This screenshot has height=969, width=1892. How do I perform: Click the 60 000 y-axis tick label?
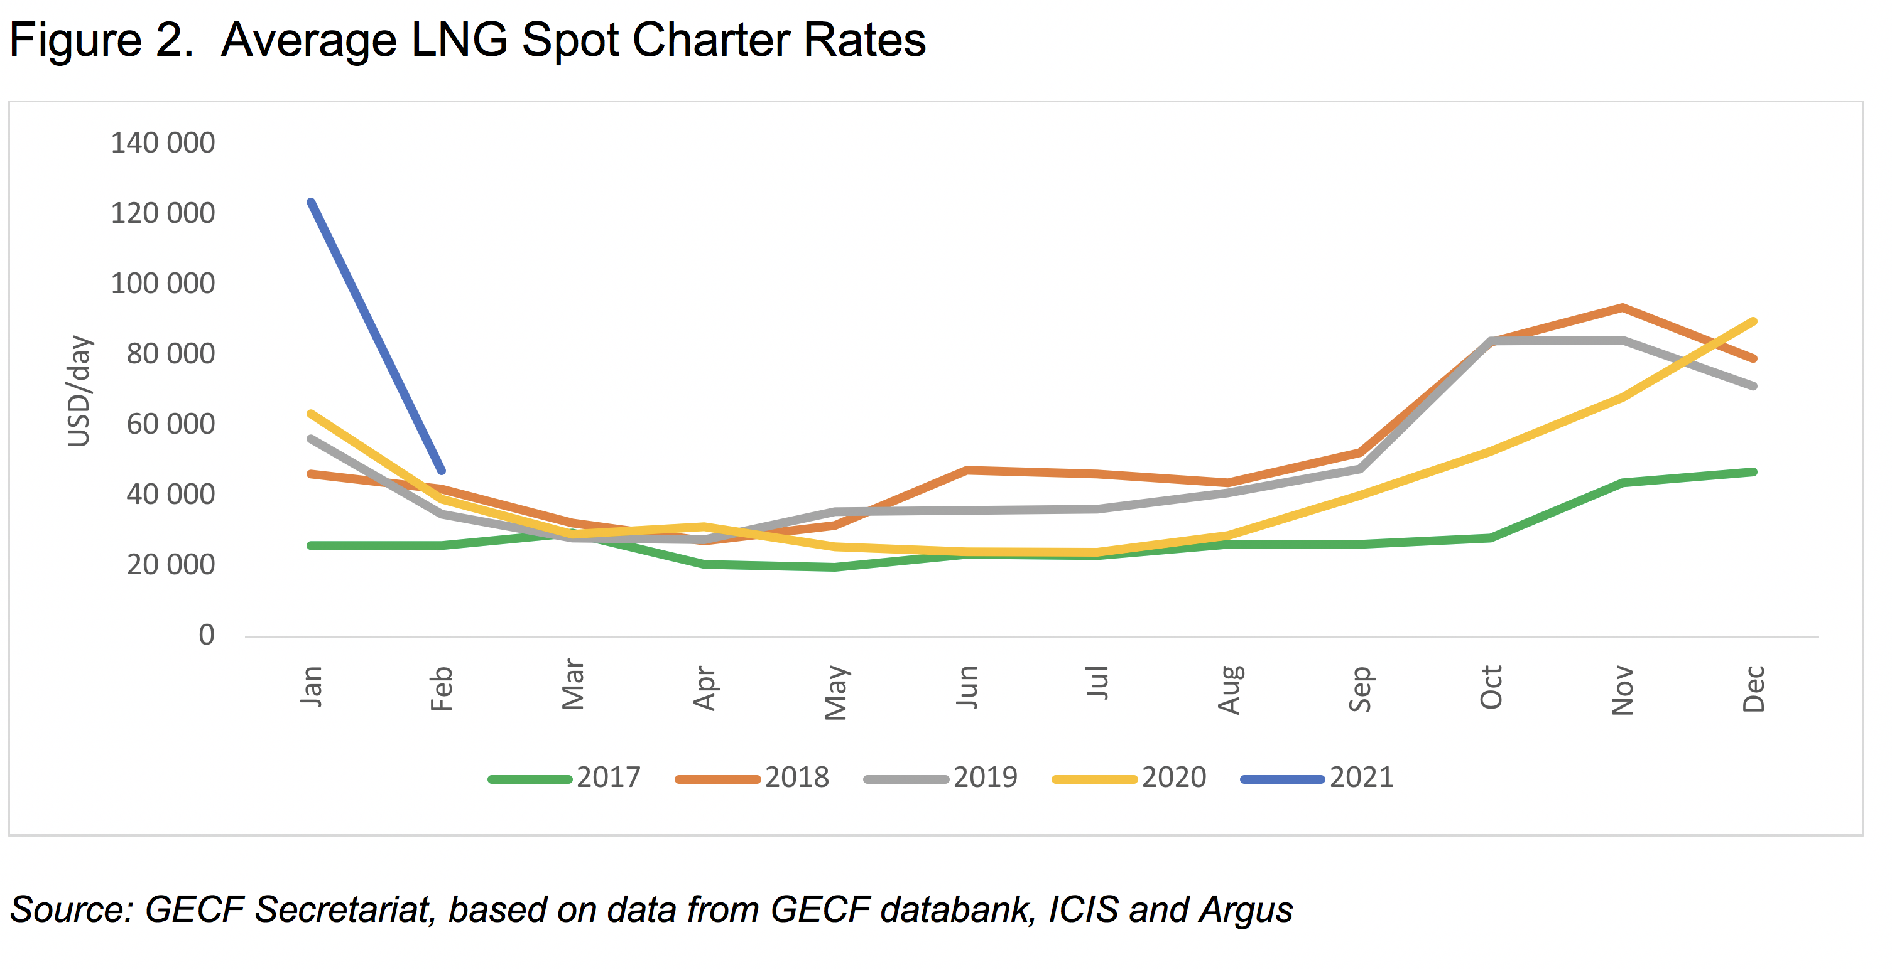click(x=170, y=424)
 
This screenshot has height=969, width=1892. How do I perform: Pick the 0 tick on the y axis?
click(x=207, y=635)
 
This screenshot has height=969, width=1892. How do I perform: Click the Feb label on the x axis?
click(x=442, y=688)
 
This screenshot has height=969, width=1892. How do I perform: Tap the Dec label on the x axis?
click(x=1754, y=688)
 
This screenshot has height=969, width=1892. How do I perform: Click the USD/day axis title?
click(x=79, y=390)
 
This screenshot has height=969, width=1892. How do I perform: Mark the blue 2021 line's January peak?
click(x=312, y=202)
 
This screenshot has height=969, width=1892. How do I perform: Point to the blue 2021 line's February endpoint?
click(x=442, y=471)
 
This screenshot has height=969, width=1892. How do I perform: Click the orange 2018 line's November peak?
click(x=1622, y=308)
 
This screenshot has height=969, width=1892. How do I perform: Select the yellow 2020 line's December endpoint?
click(x=1753, y=321)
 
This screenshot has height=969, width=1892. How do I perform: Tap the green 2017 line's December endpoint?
click(x=1753, y=472)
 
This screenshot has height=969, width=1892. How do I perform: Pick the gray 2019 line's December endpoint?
click(x=1753, y=386)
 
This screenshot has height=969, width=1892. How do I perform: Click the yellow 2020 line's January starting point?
click(x=312, y=414)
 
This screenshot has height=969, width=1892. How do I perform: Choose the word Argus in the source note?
click(x=1246, y=909)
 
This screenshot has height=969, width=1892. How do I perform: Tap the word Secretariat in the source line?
click(x=342, y=909)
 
